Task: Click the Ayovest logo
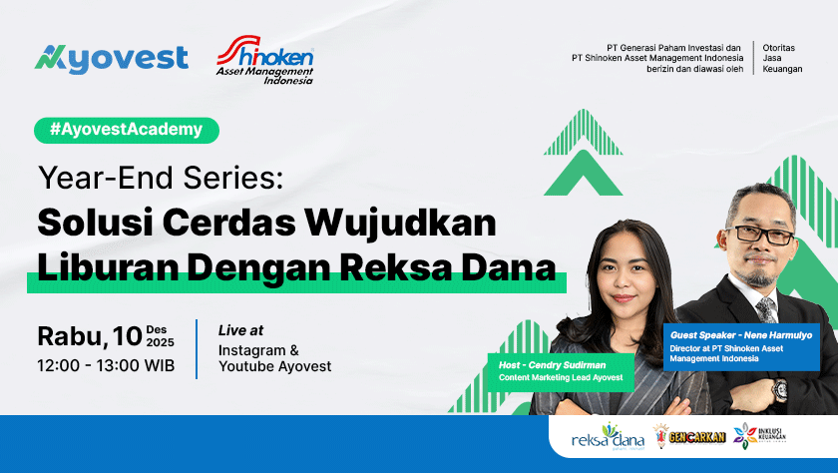click(x=111, y=60)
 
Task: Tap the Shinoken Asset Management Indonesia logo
click(x=265, y=61)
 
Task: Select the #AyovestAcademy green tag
click(x=126, y=130)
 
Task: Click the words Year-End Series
click(x=161, y=180)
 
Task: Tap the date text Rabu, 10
click(x=89, y=335)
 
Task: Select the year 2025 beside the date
click(x=160, y=342)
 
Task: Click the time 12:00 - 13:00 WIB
click(x=106, y=366)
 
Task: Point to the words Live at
click(x=241, y=330)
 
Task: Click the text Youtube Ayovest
click(x=275, y=366)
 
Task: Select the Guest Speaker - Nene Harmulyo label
click(x=741, y=335)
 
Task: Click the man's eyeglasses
click(x=759, y=233)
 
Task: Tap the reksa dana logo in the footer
click(x=608, y=436)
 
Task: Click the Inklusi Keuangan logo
click(x=760, y=436)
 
